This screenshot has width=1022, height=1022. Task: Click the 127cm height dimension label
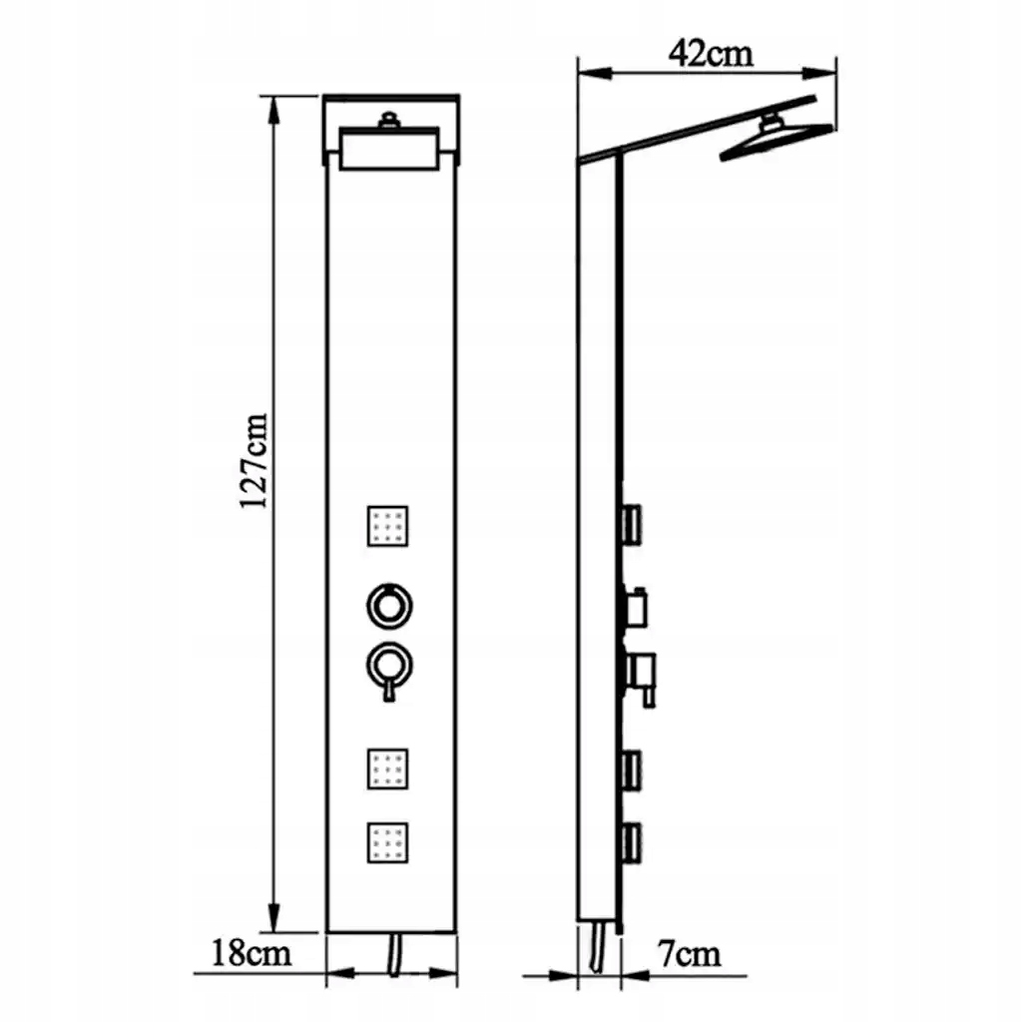(x=254, y=462)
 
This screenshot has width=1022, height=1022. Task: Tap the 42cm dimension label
(x=711, y=53)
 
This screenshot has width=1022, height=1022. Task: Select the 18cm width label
(x=252, y=953)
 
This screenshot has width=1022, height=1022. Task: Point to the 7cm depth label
(x=690, y=954)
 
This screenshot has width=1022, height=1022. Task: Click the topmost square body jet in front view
(x=387, y=525)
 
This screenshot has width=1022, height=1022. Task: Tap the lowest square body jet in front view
(x=387, y=842)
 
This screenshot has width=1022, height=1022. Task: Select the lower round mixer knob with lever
(x=387, y=662)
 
